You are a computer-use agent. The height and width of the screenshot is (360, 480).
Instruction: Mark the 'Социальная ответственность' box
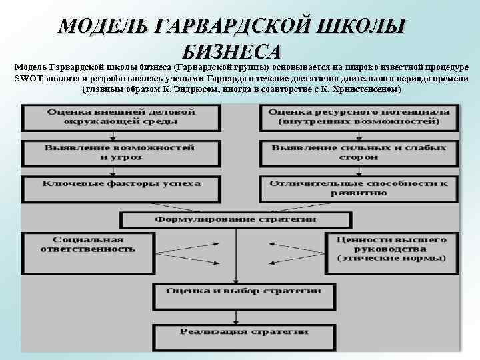tap(87, 244)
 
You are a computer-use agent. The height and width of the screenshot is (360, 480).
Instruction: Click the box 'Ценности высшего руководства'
tap(391, 247)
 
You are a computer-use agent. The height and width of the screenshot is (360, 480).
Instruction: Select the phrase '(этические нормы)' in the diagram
tap(391, 257)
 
